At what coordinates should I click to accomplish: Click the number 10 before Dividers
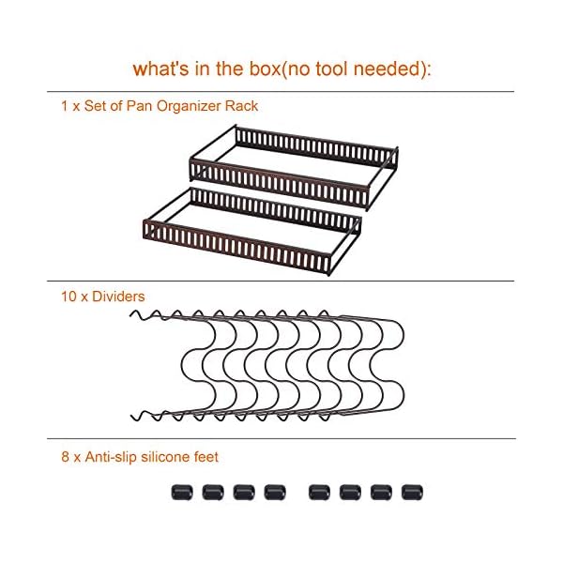tap(68, 297)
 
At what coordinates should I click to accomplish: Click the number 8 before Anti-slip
tap(63, 457)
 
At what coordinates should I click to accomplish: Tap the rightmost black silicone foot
tap(410, 491)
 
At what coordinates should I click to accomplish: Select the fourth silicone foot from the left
tap(274, 491)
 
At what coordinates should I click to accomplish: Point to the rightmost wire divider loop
tap(399, 366)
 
